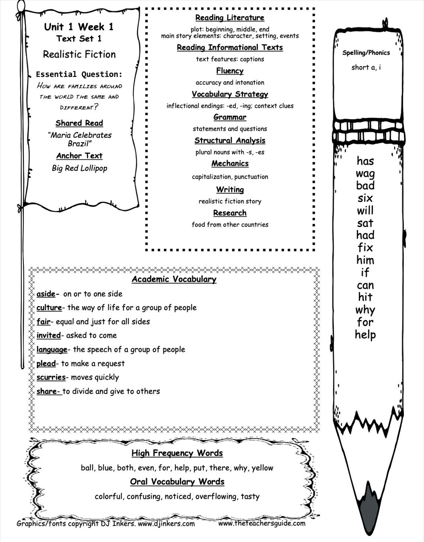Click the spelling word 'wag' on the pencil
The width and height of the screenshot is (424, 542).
click(x=365, y=174)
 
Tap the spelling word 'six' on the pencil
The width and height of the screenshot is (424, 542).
click(x=365, y=198)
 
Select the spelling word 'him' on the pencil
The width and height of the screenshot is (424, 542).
click(x=365, y=260)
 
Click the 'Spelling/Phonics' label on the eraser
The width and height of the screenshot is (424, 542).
click(x=366, y=53)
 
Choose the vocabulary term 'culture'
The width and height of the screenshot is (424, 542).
click(x=49, y=307)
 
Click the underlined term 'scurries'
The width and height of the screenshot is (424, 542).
click(x=51, y=377)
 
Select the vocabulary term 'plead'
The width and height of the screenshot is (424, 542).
click(x=46, y=364)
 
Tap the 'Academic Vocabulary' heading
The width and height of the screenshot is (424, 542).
click(x=174, y=279)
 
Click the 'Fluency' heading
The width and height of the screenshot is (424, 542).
click(x=230, y=71)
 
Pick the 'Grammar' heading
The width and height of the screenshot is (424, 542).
click(x=230, y=117)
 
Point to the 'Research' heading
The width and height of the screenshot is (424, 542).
click(x=230, y=213)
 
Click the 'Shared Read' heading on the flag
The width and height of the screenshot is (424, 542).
click(x=79, y=123)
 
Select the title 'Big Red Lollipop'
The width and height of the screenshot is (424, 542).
click(x=80, y=168)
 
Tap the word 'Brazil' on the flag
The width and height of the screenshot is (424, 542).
click(x=78, y=143)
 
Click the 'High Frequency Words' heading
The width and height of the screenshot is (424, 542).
click(x=177, y=453)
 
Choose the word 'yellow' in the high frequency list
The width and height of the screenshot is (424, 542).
click(x=262, y=468)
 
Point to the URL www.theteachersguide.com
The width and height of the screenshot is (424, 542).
click(x=262, y=523)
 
